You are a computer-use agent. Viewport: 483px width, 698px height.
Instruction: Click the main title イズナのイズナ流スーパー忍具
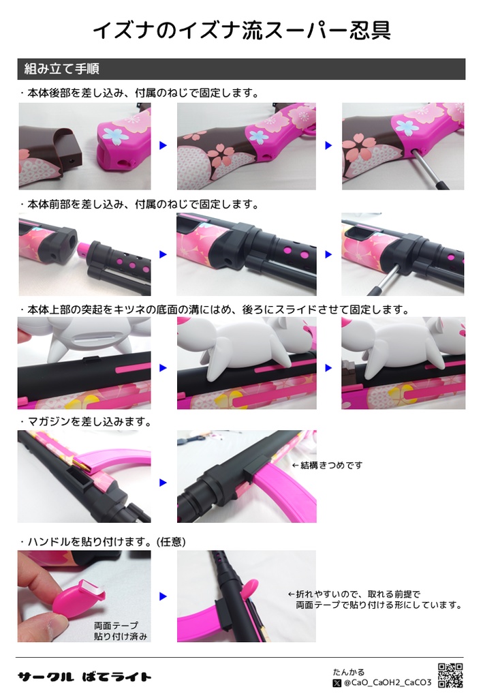point(241,31)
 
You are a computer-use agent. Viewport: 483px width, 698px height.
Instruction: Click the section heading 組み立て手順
point(63,69)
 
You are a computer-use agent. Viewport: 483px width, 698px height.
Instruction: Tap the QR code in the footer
point(450,675)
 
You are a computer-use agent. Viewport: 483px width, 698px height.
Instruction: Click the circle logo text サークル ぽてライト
point(84,676)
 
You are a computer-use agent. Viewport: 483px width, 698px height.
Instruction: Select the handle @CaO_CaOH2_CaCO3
point(388,682)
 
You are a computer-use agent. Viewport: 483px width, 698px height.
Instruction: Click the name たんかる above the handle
point(348,671)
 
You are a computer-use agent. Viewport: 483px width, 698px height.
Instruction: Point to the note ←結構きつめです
point(327,465)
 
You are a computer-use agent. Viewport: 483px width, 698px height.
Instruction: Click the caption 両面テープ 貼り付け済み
point(121,631)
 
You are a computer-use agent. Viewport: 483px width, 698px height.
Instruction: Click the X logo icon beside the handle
point(337,682)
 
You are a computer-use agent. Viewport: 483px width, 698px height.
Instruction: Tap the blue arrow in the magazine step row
point(163,482)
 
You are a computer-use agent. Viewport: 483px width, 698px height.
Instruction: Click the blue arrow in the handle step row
point(163,596)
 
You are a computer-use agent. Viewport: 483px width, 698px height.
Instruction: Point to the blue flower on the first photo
point(119,136)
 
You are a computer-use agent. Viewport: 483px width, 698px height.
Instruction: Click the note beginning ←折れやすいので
point(375,599)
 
